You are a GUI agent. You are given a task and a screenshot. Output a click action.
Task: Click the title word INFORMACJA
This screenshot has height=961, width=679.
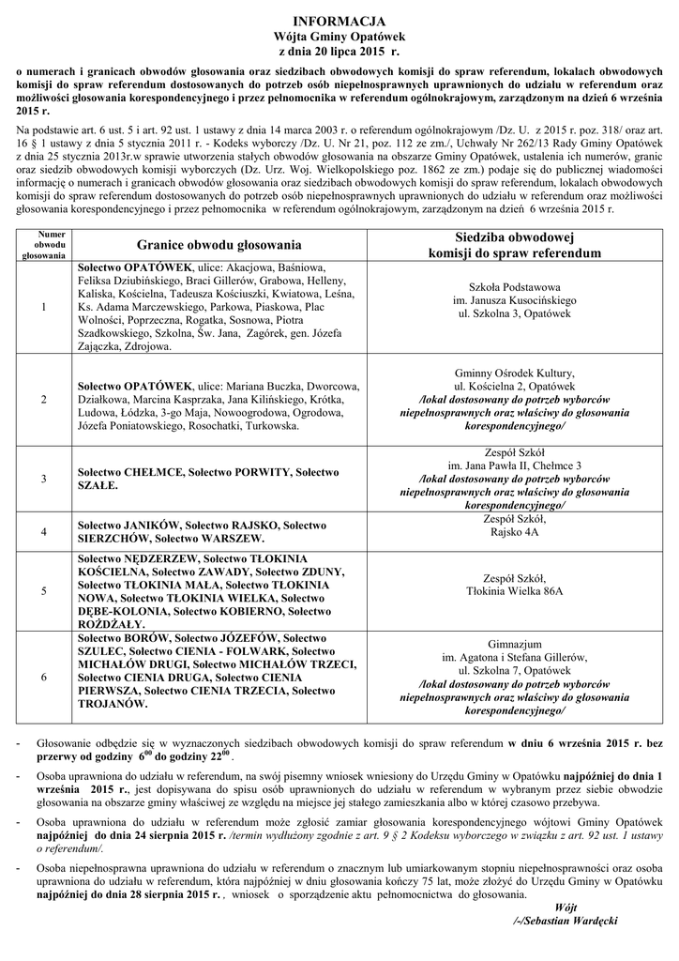coord(339,20)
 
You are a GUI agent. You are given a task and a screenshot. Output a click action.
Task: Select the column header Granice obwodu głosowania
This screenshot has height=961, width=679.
coord(219,245)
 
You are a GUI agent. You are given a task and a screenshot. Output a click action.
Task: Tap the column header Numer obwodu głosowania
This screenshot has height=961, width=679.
coord(45,244)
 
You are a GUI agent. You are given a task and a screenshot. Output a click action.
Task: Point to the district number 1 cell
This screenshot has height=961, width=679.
coord(45,307)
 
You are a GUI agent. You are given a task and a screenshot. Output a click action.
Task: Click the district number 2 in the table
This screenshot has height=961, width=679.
coord(45,400)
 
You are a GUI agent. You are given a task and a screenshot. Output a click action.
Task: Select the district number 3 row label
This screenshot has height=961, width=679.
coord(45,478)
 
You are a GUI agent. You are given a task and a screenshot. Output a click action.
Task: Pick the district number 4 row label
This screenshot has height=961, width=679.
coord(45,531)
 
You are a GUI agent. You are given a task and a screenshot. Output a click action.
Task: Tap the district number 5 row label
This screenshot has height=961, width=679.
coord(45,591)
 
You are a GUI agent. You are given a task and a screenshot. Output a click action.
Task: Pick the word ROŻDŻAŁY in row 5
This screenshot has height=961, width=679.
coord(112,623)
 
